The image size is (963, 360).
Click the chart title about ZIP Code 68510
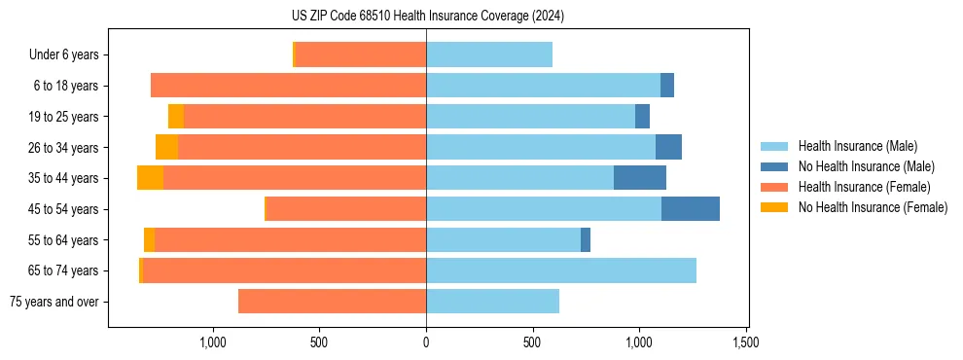pos(428,17)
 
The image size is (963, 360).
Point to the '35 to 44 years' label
pos(64,178)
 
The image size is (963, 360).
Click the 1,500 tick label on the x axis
pos(746,342)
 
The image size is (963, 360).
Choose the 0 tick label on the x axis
pos(426,342)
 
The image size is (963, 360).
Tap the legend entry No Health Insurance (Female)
pos(872,207)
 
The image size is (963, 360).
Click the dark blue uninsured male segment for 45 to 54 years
pos(691,208)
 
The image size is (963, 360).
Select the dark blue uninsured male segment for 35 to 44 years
pos(640,178)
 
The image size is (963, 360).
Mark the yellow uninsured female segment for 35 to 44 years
pos(150,178)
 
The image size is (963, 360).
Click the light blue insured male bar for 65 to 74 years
pos(561,270)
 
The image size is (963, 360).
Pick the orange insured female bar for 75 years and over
pos(332,302)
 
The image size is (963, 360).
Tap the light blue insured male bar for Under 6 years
pos(489,54)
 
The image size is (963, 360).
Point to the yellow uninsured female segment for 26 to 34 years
pos(166,147)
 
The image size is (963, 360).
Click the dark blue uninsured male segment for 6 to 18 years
pos(667,86)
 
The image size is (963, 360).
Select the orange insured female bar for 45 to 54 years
pos(346,208)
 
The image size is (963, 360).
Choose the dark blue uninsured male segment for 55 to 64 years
pos(586,239)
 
